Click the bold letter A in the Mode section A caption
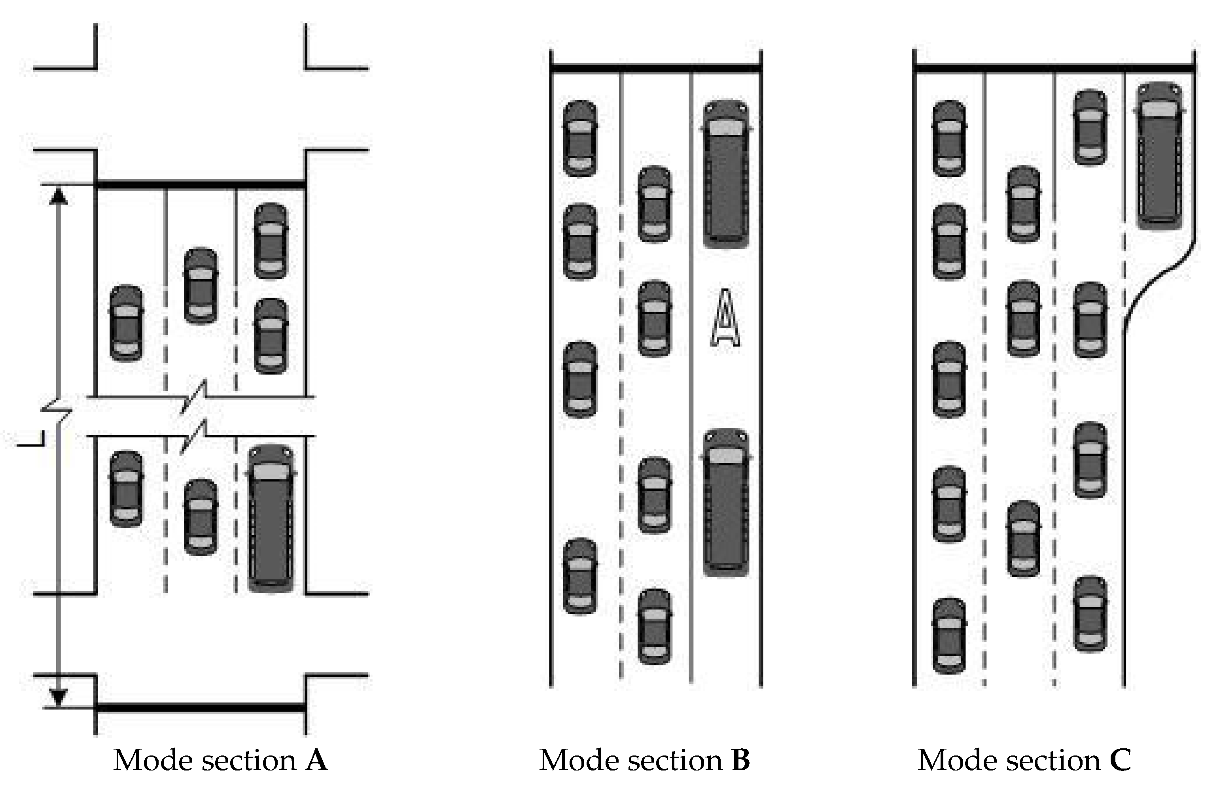pyautogui.click(x=316, y=761)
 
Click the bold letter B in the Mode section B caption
pyautogui.click(x=740, y=761)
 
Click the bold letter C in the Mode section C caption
pyautogui.click(x=1121, y=761)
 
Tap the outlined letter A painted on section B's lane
pyautogui.click(x=725, y=318)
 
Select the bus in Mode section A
pyautogui.click(x=271, y=518)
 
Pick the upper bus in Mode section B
pyautogui.click(x=725, y=173)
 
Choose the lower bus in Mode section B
pyautogui.click(x=725, y=503)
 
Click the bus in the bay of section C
pyautogui.click(x=1159, y=155)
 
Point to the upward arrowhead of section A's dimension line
pyautogui.click(x=59, y=196)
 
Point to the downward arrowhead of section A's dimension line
pyautogui.click(x=59, y=697)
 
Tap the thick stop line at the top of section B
pyautogui.click(x=656, y=68)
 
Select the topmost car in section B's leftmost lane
pyautogui.click(x=580, y=138)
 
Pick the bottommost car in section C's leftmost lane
pyautogui.click(x=949, y=636)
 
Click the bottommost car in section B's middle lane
pyautogui.click(x=654, y=627)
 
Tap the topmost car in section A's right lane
pyautogui.click(x=271, y=241)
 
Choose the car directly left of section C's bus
pyautogui.click(x=1090, y=127)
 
